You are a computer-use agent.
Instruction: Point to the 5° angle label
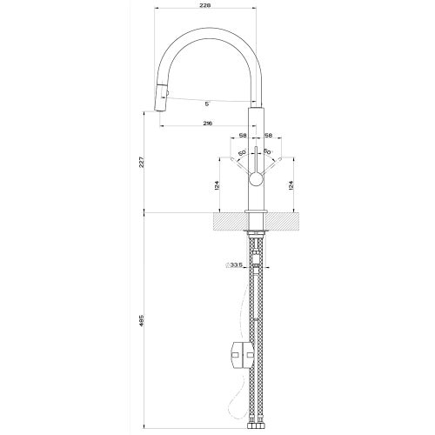point(206,104)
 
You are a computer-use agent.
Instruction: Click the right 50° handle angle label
point(269,154)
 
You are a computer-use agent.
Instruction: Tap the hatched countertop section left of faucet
point(228,223)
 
